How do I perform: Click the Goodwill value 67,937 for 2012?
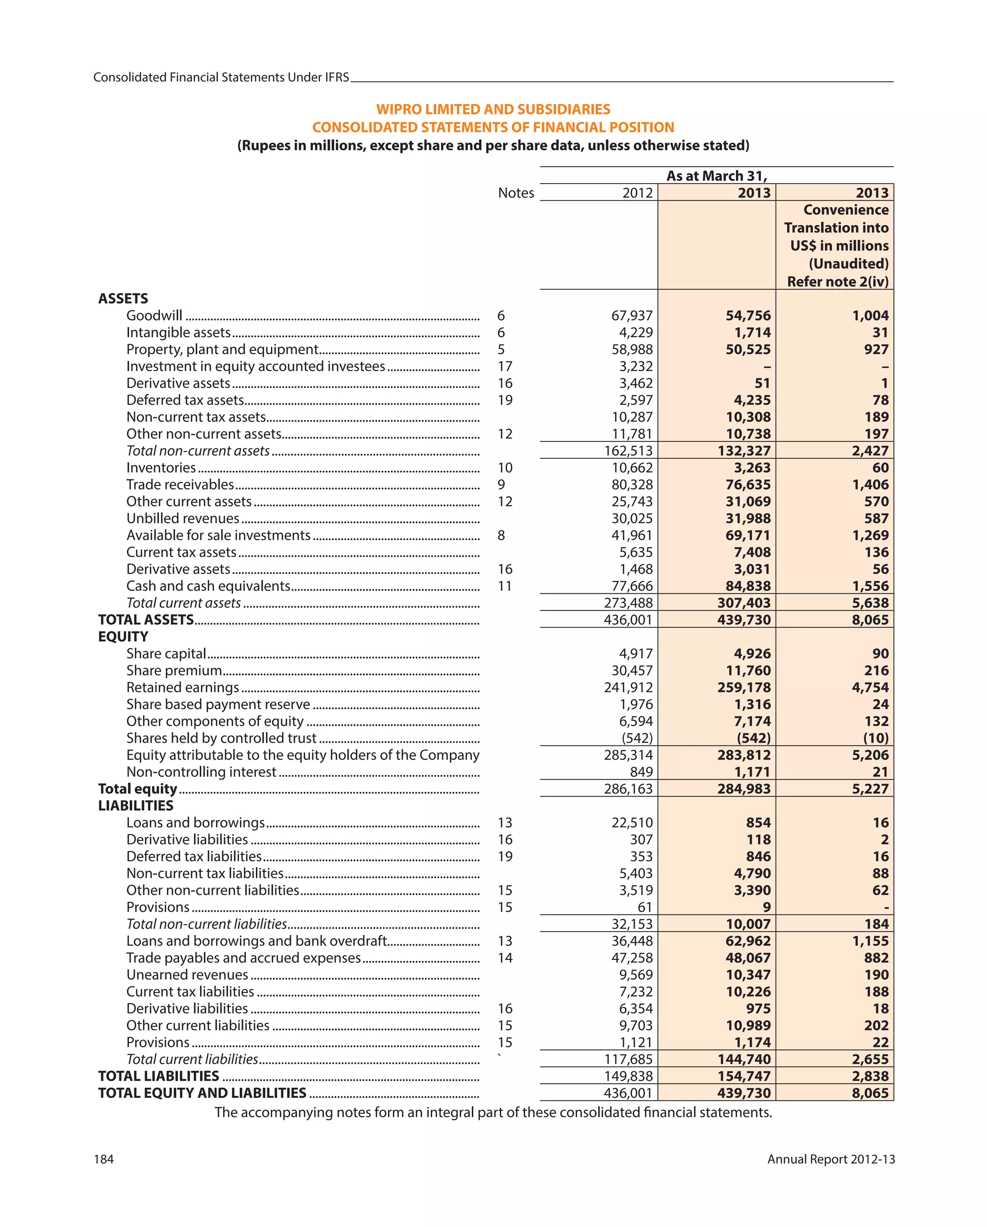pos(631,315)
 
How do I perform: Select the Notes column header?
pos(516,193)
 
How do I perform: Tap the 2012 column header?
pos(637,193)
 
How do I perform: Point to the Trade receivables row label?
pos(180,484)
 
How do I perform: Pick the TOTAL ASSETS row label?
pos(146,620)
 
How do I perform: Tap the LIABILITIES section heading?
pos(135,805)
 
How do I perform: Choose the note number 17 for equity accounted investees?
pos(505,366)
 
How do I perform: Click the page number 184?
pos(104,1159)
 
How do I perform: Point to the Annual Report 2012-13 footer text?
pos(830,1159)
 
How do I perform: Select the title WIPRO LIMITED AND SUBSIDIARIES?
pos(493,109)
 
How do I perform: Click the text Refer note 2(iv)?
pos(837,282)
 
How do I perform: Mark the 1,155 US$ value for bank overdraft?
pos(870,941)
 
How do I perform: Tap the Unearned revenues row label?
pos(187,975)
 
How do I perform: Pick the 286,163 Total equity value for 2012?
pos(628,789)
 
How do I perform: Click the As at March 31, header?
pos(716,176)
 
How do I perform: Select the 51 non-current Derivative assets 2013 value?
pos(761,383)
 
